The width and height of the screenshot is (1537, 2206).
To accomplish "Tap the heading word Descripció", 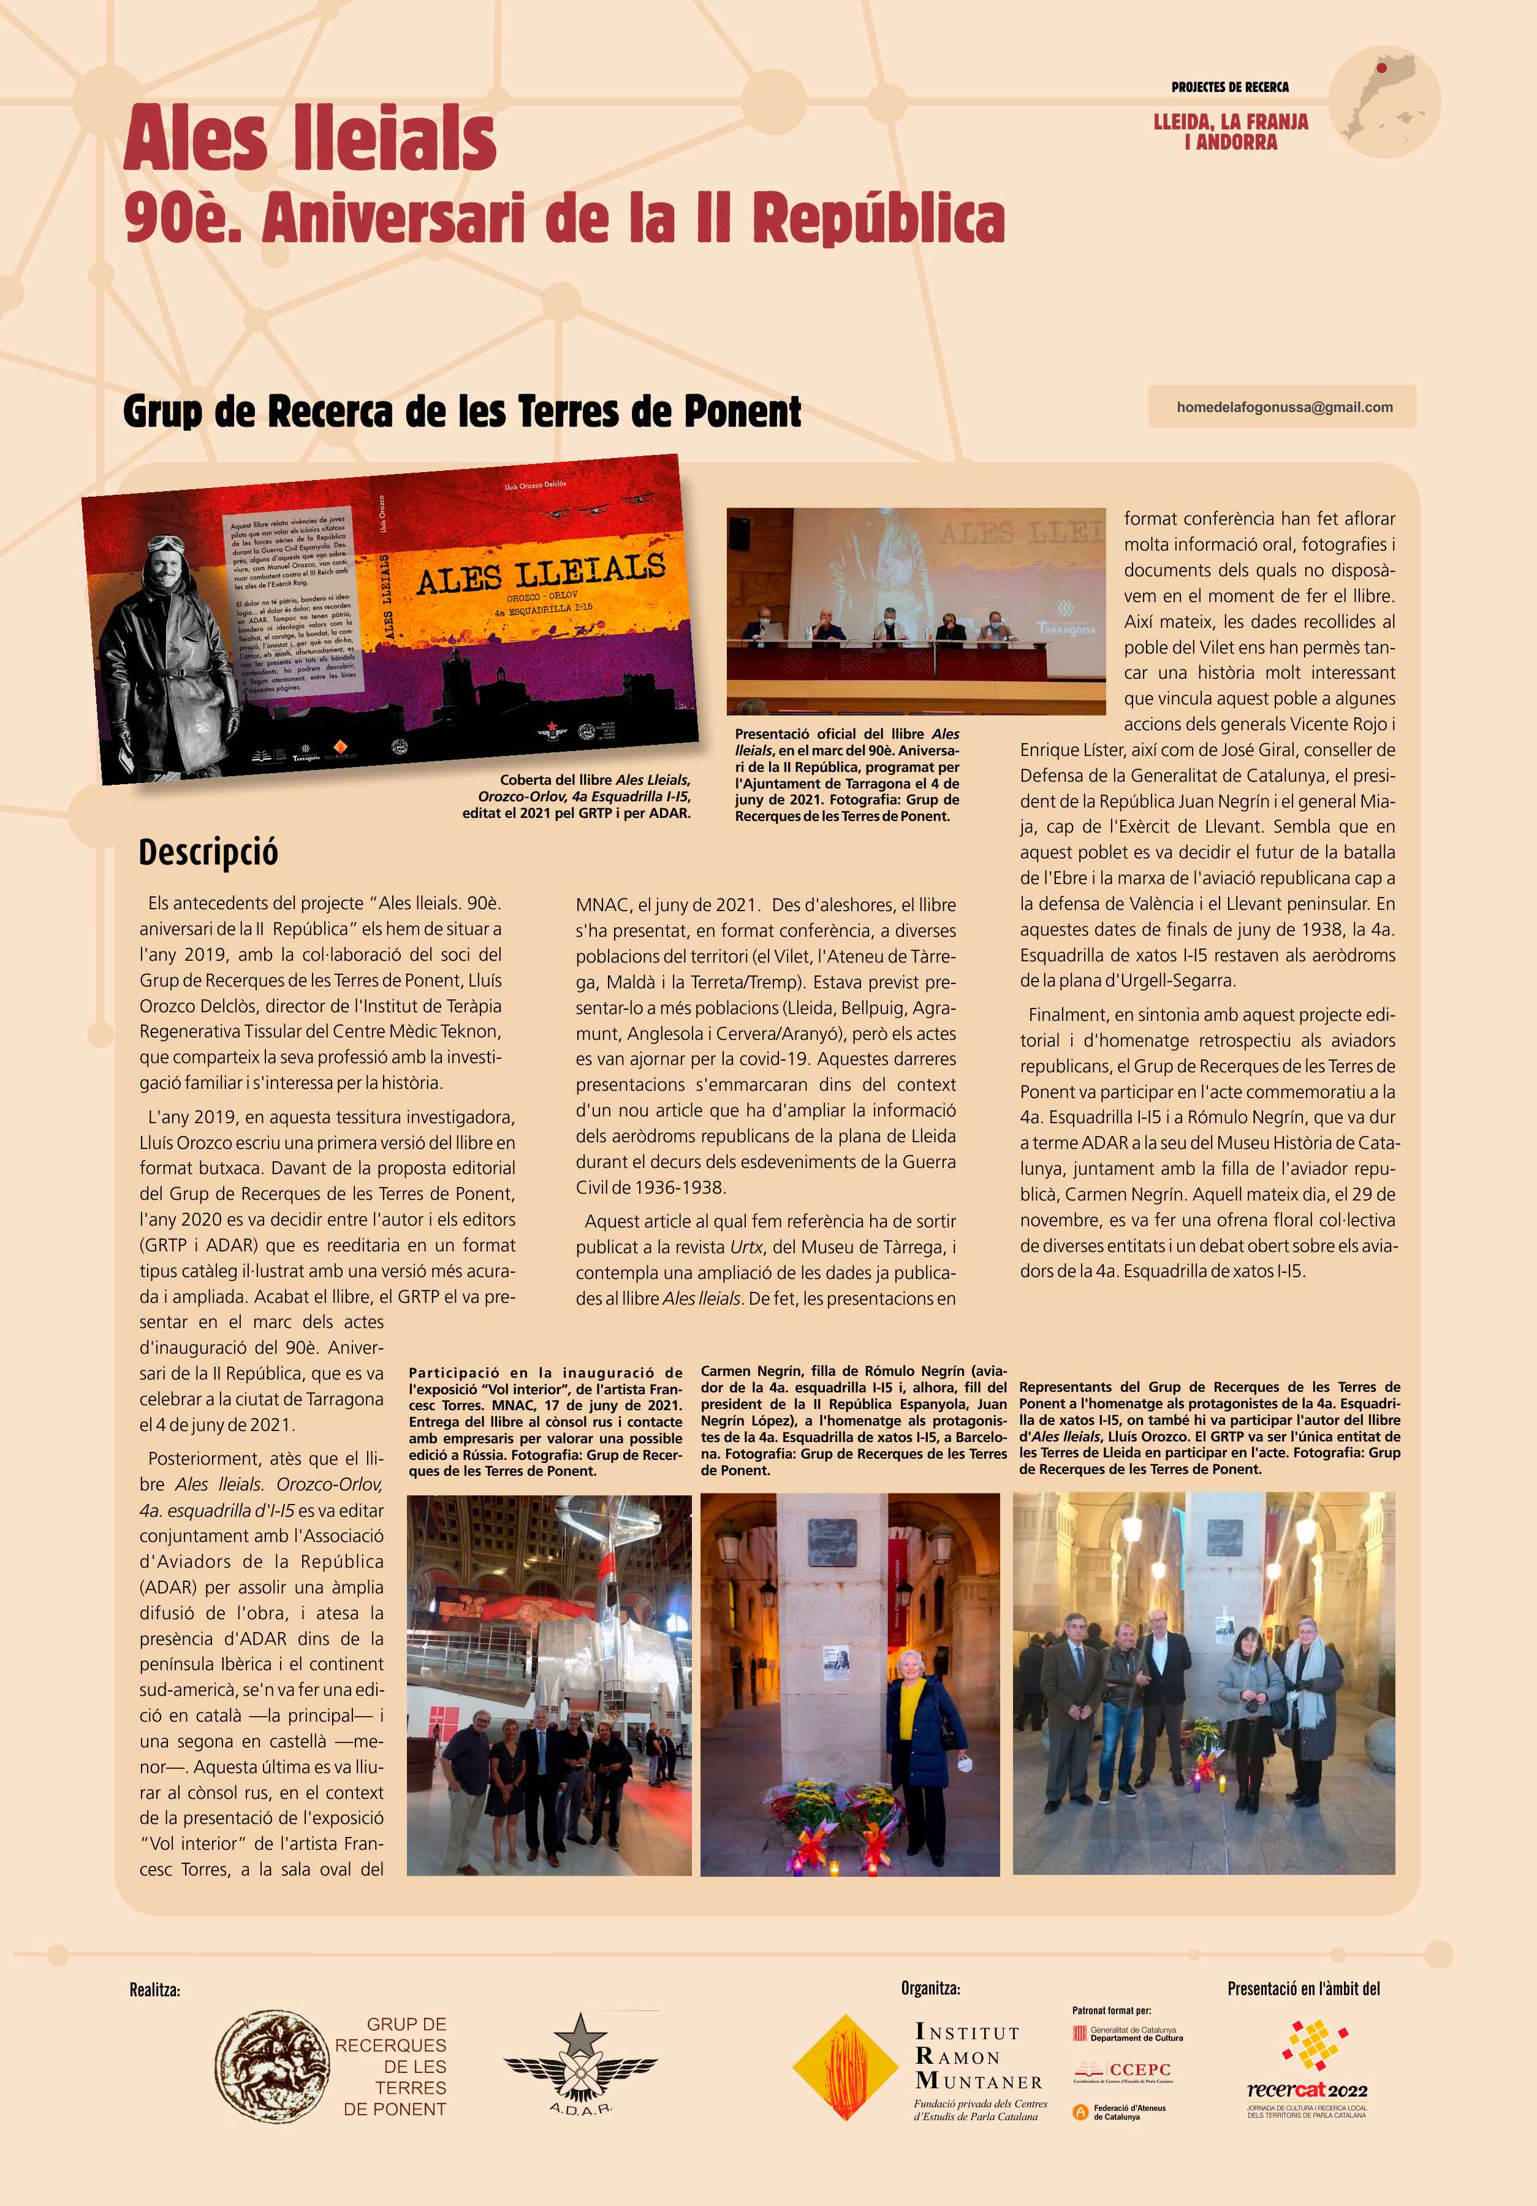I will tap(208, 852).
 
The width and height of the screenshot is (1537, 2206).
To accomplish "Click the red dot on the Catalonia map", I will tap(1381, 68).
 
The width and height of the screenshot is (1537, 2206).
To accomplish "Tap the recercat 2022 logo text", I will tap(1307, 2090).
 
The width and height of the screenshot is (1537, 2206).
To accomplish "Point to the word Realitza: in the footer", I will tap(154, 1990).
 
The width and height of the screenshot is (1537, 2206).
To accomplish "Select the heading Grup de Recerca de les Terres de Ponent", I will tap(462, 411).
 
